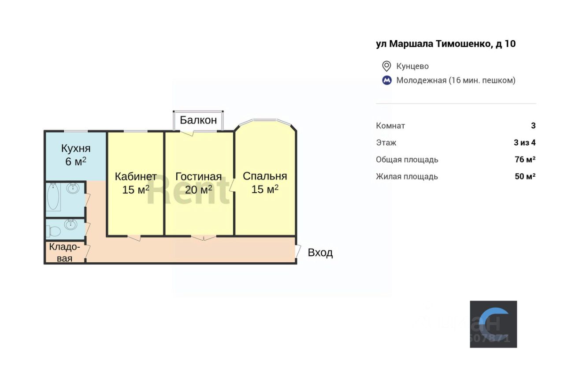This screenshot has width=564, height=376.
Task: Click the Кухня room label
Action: [76, 148]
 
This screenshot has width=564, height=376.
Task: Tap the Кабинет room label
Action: [136, 176]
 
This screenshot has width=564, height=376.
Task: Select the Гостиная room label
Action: [198, 176]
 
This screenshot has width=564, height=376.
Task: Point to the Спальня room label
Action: [265, 176]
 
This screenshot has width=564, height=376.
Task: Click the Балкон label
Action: [198, 120]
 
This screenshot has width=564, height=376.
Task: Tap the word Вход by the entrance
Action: [320, 253]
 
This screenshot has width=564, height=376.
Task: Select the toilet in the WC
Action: [53, 231]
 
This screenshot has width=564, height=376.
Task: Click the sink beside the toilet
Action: [70, 224]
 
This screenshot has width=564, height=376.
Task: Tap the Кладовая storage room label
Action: [64, 253]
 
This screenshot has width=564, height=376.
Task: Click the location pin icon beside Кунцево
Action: [386, 66]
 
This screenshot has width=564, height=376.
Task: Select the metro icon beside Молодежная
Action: [386, 80]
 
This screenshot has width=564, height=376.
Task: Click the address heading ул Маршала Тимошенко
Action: [445, 44]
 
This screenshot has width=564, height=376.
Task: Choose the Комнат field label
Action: [390, 126]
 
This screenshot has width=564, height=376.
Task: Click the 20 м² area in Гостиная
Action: [198, 190]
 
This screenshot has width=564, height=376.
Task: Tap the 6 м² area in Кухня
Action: [76, 161]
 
